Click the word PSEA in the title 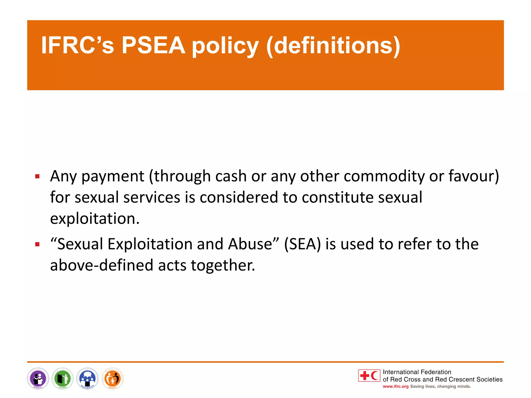(x=153, y=45)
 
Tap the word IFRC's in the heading (x=77, y=45)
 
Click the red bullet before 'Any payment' (x=37, y=177)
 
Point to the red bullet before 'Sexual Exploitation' (x=37, y=244)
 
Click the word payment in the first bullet (x=113, y=177)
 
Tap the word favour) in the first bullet (x=474, y=176)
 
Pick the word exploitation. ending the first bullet (x=95, y=218)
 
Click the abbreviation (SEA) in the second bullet (x=302, y=244)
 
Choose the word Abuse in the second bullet (x=250, y=244)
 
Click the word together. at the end (x=223, y=265)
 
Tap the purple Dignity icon (x=38, y=379)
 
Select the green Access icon (x=63, y=379)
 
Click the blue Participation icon (x=88, y=379)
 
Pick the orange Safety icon (x=113, y=379)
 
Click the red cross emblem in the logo (x=365, y=375)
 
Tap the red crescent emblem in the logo (x=374, y=375)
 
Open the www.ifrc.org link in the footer (x=396, y=386)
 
